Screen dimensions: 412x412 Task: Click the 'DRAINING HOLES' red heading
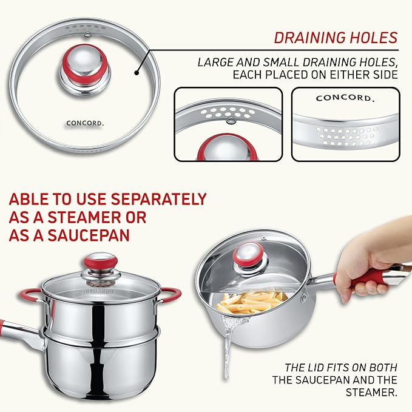[335, 37]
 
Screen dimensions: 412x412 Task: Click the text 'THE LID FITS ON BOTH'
[342, 368]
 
